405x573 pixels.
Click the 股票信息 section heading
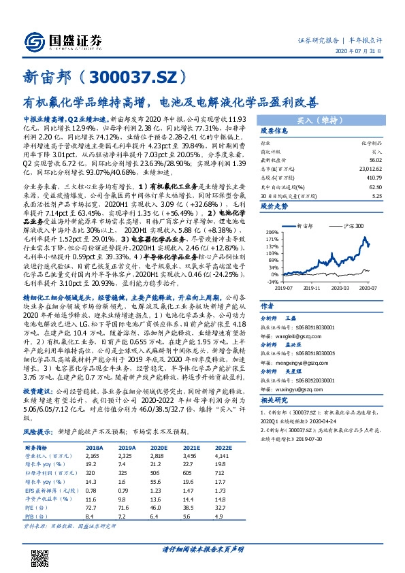276,131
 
